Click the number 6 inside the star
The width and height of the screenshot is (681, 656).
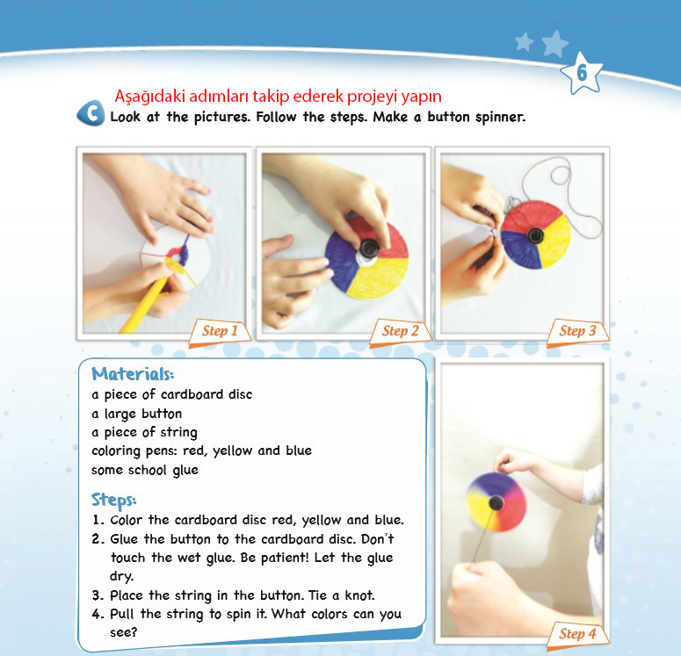tap(582, 73)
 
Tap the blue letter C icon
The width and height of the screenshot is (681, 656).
tap(91, 113)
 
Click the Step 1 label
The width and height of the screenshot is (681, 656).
tap(220, 331)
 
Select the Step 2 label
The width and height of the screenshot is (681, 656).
tap(400, 331)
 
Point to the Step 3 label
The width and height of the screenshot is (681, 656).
tap(577, 331)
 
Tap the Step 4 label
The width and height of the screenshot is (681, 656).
tap(577, 633)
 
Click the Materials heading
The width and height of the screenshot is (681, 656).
tap(133, 374)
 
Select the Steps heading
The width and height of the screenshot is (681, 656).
tap(113, 500)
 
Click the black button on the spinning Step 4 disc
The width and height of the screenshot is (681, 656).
tap(496, 503)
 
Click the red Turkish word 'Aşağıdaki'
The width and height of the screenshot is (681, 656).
tap(149, 96)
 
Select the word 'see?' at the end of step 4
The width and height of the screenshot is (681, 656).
tap(123, 632)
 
